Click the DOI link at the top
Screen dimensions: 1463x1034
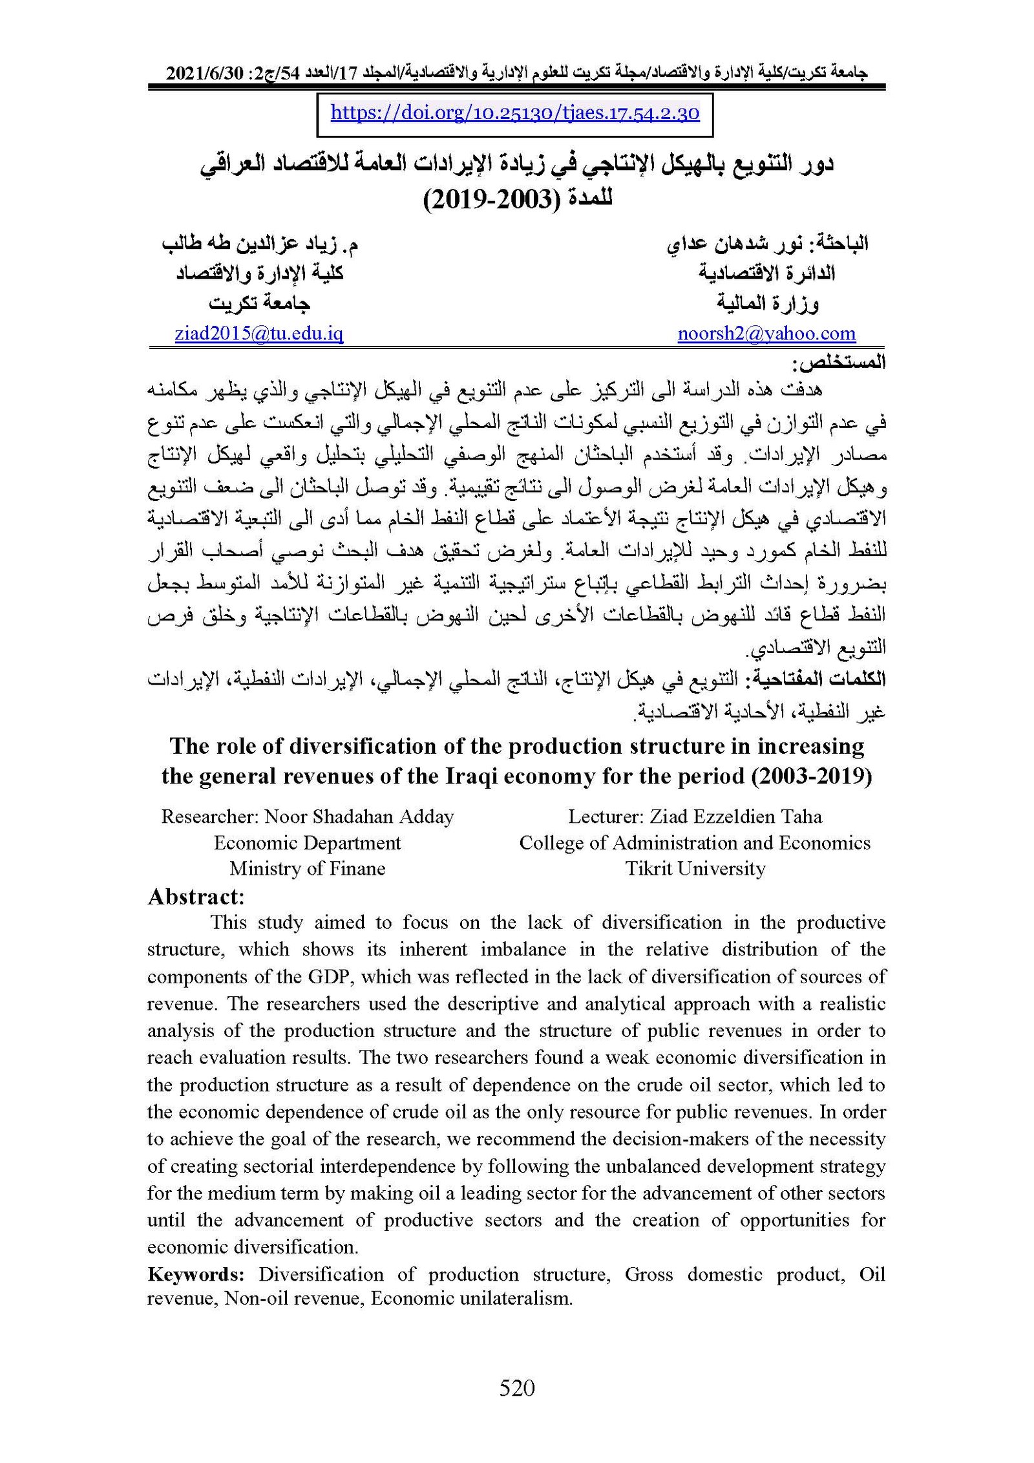[514, 113]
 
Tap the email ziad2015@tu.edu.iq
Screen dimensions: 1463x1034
[258, 334]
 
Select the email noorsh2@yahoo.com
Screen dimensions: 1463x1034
[766, 334]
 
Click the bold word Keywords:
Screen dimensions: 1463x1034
[195, 1274]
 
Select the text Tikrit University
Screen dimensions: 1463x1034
[695, 868]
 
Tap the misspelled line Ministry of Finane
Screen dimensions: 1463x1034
[307, 868]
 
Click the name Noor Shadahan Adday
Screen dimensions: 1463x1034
[359, 817]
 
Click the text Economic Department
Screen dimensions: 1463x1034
[307, 842]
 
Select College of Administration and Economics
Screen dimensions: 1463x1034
[695, 842]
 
